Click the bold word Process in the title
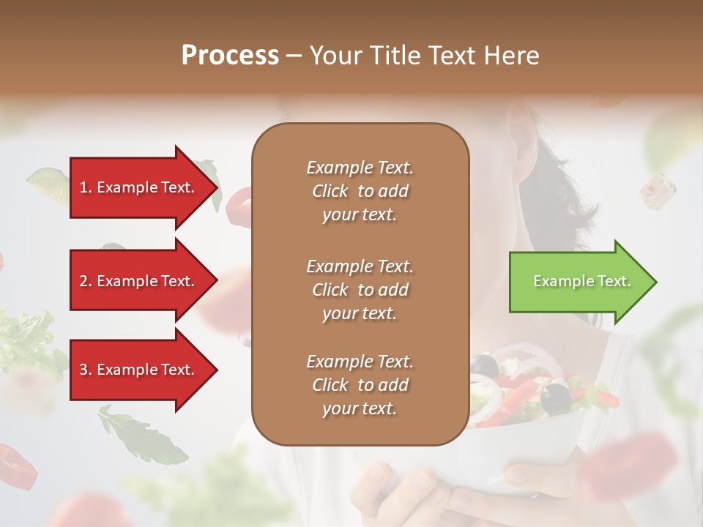tap(230, 56)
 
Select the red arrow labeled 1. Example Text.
tap(139, 187)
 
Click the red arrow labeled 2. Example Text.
tap(139, 281)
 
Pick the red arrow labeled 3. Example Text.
tap(139, 370)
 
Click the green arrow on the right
tap(579, 281)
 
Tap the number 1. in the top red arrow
tap(86, 187)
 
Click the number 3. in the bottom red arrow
tap(86, 370)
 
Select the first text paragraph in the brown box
tap(360, 191)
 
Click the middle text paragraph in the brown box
tap(360, 290)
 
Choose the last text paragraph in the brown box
tap(360, 385)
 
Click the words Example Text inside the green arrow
tap(581, 281)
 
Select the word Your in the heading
tap(332, 56)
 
